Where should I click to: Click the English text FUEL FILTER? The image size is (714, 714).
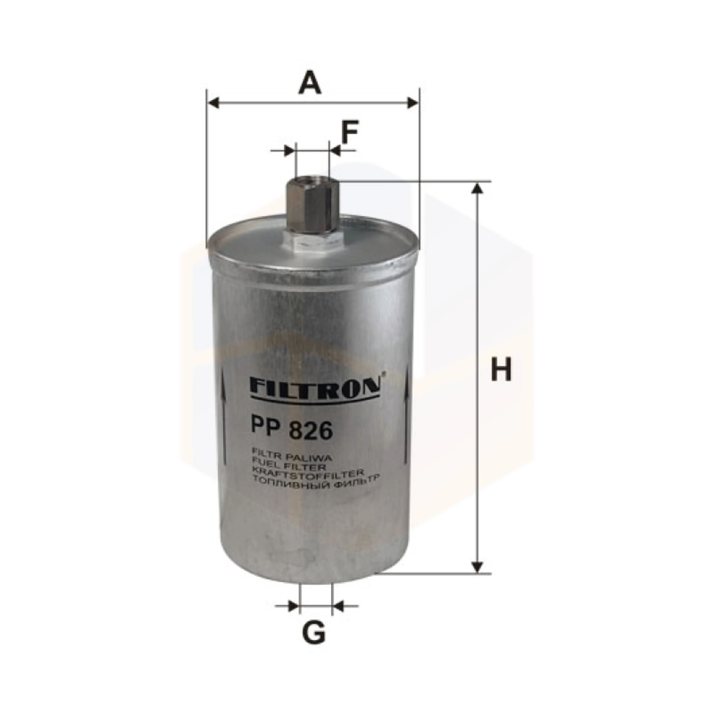pyautogui.click(x=289, y=465)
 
